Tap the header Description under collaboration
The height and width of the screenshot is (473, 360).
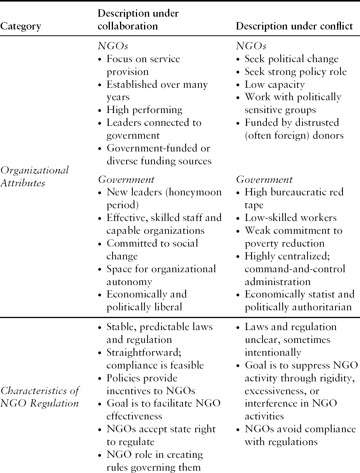pyautogui.click(x=138, y=20)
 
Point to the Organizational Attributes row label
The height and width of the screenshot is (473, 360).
pyautogui.click(x=35, y=176)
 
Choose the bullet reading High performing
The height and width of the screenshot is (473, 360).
pyautogui.click(x=144, y=110)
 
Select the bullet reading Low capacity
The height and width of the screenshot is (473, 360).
pyautogui.click(x=275, y=84)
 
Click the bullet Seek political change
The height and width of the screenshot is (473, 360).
pyautogui.click(x=292, y=59)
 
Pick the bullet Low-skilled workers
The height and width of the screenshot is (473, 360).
pyautogui.click(x=290, y=217)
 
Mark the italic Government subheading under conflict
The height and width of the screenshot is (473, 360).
pyautogui.click(x=264, y=179)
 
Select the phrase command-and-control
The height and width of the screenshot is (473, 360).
pyautogui.click(x=295, y=269)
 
